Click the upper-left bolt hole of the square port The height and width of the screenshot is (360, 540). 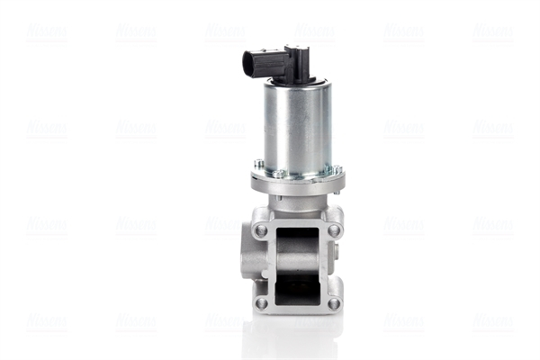261,229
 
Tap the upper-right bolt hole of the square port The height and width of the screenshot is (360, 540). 334,229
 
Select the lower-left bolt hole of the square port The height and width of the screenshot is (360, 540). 261,303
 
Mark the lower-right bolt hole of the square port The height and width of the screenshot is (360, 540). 334,303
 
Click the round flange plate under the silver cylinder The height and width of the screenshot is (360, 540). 297,181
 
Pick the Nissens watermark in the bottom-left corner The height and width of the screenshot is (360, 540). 46,320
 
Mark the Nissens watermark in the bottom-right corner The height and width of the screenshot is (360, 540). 493,320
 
